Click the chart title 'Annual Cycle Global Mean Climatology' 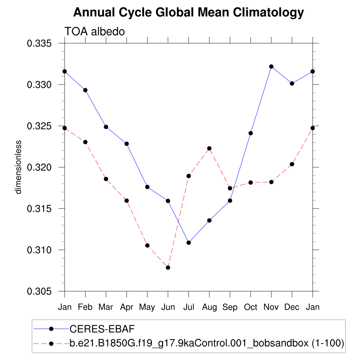pos(188,13)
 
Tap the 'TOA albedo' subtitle pos(95,32)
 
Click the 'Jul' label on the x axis pos(188,307)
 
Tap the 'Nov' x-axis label pos(271,307)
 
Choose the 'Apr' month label pos(127,307)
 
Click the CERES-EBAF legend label pos(102,329)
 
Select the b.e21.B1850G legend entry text pos(206,343)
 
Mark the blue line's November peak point pos(271,66)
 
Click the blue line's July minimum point pos(189,243)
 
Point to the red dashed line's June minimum pos(168,268)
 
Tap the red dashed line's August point pos(210,148)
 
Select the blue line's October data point pos(251,133)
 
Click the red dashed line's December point pos(292,164)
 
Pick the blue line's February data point pos(85,90)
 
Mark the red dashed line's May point pos(147,245)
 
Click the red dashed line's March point pos(106,179)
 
